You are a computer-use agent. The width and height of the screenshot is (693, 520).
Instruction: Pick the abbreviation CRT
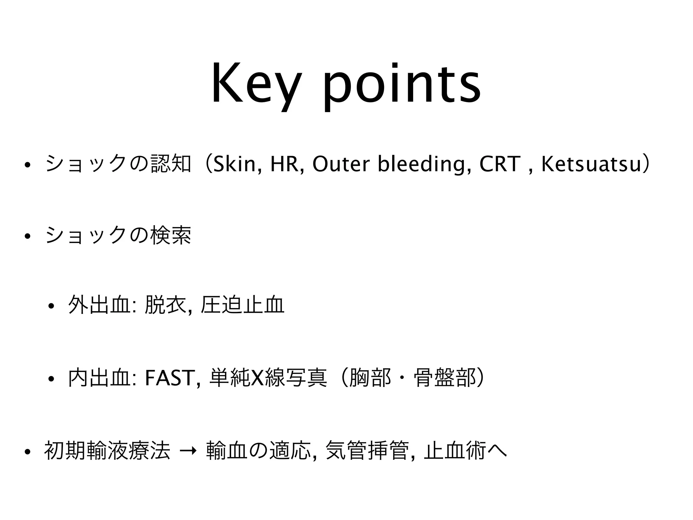coord(500,164)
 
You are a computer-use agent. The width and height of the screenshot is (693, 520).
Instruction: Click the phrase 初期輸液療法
coord(107,451)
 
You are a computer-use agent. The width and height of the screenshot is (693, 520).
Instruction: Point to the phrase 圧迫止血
coord(242,305)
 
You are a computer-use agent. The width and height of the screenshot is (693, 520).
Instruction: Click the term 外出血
coord(99,305)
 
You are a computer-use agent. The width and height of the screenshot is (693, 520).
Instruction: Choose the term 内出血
coord(99,378)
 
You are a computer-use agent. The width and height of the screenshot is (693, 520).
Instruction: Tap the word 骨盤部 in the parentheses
coord(445,378)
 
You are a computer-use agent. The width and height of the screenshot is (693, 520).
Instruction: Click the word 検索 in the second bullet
coord(171,235)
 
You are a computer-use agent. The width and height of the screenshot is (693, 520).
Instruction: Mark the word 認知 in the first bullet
coord(171,164)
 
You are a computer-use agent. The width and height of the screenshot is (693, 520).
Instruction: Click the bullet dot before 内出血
coord(51,379)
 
